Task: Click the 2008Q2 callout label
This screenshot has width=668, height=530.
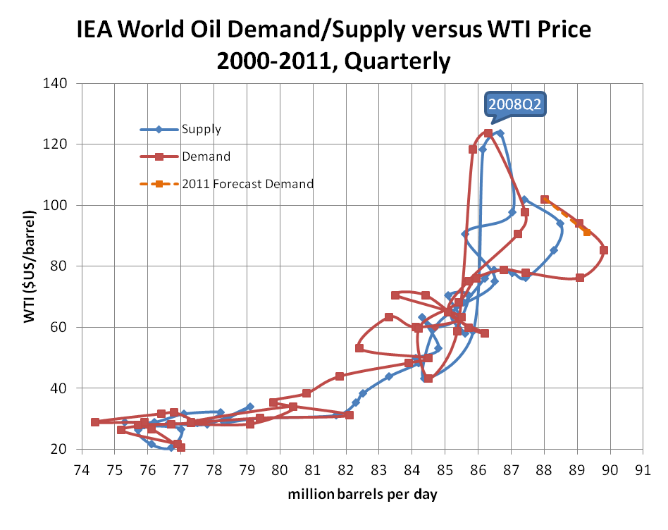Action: click(x=517, y=105)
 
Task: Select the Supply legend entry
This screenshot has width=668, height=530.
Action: click(x=201, y=129)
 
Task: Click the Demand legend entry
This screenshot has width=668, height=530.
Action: click(x=206, y=156)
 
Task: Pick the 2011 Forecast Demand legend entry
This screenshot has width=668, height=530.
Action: click(x=247, y=184)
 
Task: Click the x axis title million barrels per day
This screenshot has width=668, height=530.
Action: click(x=362, y=494)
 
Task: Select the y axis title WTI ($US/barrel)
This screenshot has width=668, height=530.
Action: click(x=29, y=266)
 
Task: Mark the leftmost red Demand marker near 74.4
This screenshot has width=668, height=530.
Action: click(x=95, y=422)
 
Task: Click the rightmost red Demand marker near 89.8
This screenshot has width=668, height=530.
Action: click(x=604, y=250)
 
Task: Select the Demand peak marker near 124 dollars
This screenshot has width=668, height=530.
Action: click(x=488, y=133)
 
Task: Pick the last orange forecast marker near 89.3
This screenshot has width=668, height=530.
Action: click(x=587, y=233)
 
